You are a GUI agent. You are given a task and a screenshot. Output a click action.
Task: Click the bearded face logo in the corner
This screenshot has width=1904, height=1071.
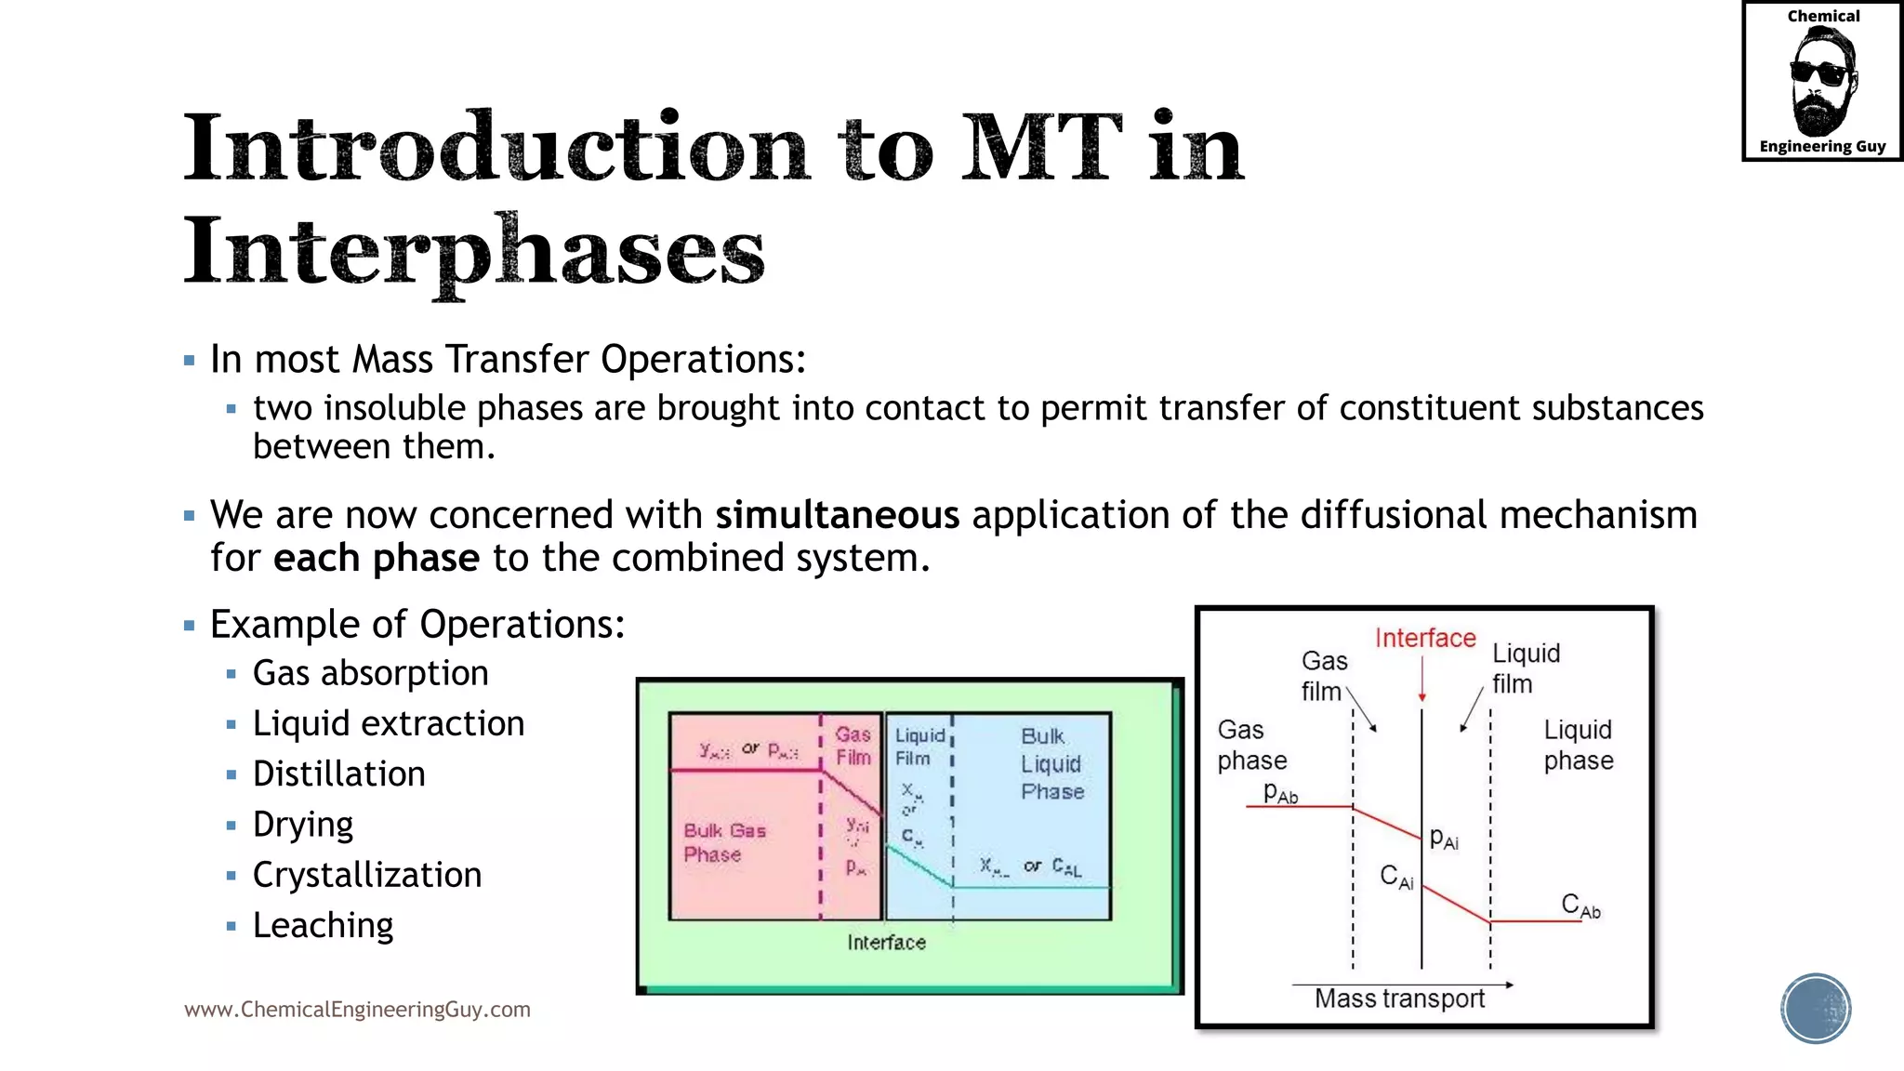coord(1822,82)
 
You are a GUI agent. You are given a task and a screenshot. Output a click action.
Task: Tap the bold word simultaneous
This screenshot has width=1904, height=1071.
coord(837,515)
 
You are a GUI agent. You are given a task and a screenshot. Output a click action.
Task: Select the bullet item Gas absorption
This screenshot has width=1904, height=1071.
coord(370,673)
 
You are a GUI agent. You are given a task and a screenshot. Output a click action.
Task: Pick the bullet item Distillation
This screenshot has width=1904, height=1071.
coord(338,774)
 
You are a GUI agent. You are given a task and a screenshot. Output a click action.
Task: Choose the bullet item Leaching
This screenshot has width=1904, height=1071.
coord(323,926)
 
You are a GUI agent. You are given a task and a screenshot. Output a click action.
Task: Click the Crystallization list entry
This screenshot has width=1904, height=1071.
coord(366,876)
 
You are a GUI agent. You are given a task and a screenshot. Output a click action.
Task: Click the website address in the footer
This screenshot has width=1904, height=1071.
coord(357,1010)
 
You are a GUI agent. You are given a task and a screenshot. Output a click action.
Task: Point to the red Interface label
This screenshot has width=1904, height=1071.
coord(1424,639)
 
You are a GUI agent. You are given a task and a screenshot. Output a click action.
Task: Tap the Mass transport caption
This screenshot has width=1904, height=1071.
coord(1399,999)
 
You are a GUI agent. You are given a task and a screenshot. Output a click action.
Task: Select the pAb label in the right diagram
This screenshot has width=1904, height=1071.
coord(1280,793)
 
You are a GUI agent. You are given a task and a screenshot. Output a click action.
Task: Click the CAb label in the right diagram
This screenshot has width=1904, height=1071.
coord(1580,905)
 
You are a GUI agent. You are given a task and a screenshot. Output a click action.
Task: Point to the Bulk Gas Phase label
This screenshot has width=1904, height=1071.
coord(724,842)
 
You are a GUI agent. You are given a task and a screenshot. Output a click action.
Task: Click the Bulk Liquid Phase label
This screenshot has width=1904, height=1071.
coord(1051,763)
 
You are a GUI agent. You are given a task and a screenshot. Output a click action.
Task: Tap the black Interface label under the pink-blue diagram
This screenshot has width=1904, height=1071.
coord(886,943)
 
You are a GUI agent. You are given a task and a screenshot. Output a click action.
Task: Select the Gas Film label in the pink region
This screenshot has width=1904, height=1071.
coord(853,746)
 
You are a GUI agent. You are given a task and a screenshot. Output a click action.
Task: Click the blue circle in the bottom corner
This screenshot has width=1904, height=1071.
coord(1815,1009)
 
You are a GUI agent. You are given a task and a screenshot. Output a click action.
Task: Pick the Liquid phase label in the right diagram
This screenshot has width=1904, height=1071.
coord(1578,745)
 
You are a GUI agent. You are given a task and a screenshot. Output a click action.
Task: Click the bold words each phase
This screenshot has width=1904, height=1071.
coord(377,559)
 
